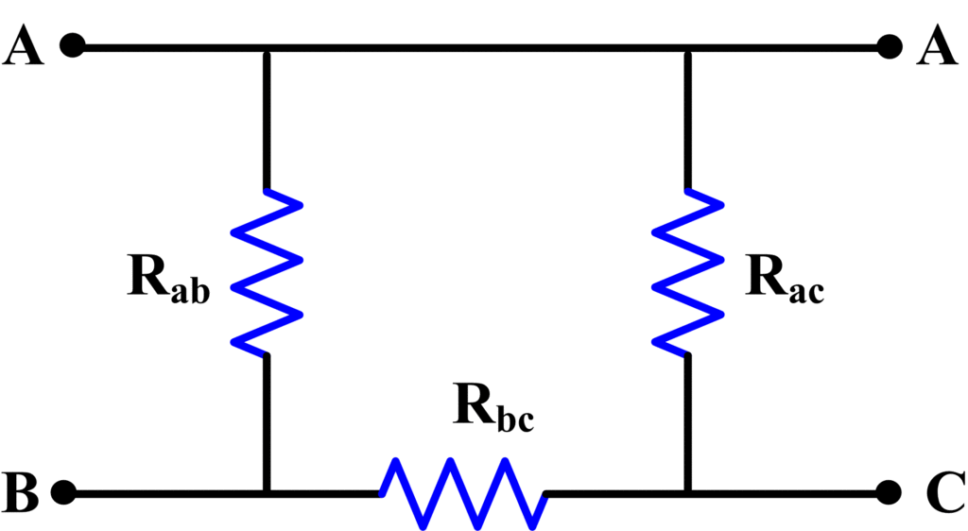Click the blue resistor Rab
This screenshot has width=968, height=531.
coord(268,272)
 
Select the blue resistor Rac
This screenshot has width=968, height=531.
coord(688,272)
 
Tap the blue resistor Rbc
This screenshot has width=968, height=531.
coord(462,492)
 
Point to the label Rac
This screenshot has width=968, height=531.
coord(784,279)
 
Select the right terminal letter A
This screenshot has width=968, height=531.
coord(937,46)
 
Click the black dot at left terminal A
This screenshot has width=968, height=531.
coord(73,45)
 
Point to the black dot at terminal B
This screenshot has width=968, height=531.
coord(64,492)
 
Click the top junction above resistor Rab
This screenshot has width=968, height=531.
coord(268,46)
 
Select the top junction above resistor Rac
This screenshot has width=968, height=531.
coord(688,46)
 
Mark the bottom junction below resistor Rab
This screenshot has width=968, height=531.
coord(268,492)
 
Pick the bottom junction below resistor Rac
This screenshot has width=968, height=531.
coord(688,492)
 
